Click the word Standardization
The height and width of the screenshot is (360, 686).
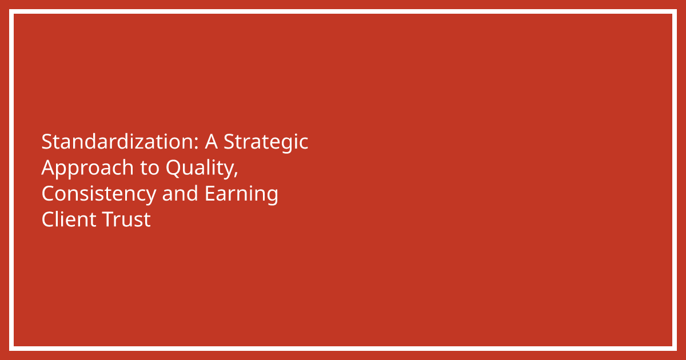[x=118, y=142]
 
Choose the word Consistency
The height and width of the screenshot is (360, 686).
[x=98, y=194]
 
